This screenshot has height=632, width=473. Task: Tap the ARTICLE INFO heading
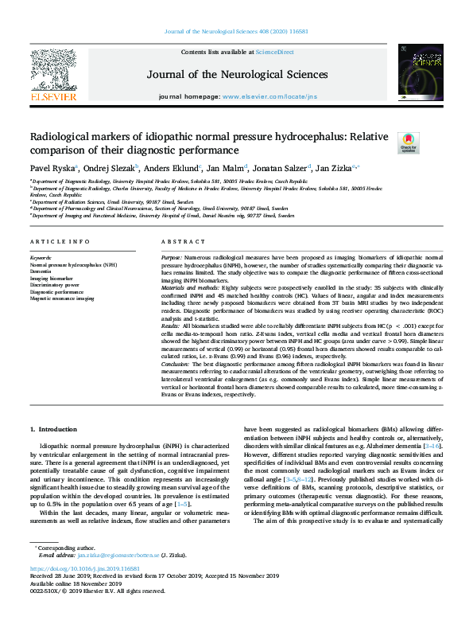(x=54, y=241)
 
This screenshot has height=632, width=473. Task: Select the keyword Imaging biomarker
(x=52, y=279)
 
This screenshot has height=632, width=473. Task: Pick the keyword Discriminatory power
(x=55, y=286)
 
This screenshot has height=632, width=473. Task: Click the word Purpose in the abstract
(x=171, y=259)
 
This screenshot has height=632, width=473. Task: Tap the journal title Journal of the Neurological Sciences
(x=237, y=75)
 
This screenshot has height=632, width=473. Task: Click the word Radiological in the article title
(x=60, y=137)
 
